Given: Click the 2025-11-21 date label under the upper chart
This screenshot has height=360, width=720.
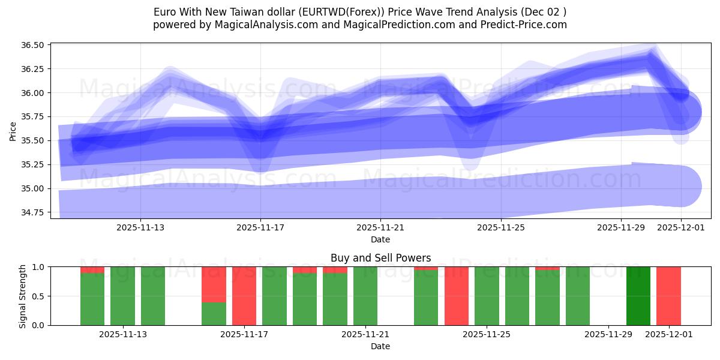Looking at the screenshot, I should pos(380,228).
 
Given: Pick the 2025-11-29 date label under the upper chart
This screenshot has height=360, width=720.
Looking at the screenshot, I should pos(620,228).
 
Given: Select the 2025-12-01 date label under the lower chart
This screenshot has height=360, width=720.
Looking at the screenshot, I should pos(668,335).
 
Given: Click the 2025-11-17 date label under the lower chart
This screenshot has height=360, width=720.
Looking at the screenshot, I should pos(244,335).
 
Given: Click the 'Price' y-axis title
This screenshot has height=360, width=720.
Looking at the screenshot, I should pos(13,130).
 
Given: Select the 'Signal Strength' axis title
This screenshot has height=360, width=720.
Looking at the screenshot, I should pos(22,296).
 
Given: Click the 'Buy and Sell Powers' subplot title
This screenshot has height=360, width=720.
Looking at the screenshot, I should pos(380,258).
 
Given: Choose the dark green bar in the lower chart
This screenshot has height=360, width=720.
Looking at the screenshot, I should pos(638,296).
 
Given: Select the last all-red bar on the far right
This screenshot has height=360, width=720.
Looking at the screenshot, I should pos(668,296).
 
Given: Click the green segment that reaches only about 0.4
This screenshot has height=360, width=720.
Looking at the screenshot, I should pos(214,313).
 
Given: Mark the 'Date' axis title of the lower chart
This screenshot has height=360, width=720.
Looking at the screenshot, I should pos(380,346).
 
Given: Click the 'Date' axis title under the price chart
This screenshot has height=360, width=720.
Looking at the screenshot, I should pos(380,239).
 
